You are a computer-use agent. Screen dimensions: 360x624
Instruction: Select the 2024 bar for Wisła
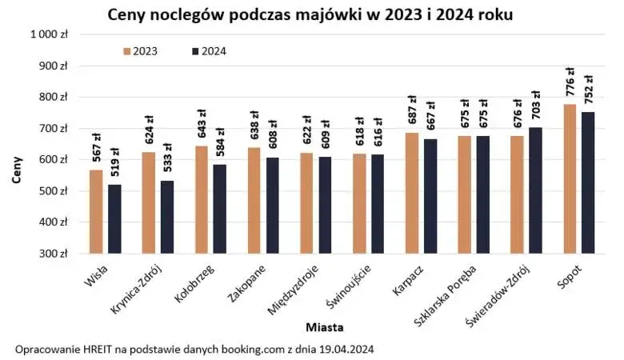click(x=114, y=219)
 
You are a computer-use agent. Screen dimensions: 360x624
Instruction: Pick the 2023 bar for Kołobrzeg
click(x=202, y=200)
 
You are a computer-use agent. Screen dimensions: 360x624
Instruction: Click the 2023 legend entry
click(x=140, y=51)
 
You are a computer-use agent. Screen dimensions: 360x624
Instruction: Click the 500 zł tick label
click(x=57, y=191)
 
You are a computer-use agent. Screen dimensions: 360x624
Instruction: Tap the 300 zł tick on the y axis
click(x=57, y=254)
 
